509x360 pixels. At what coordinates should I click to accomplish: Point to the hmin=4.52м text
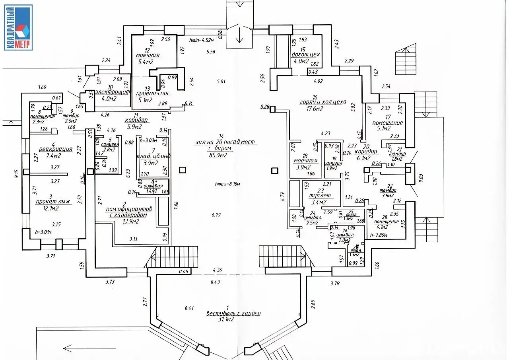[x=202, y=40]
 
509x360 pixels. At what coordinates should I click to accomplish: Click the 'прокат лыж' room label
[x=56, y=202]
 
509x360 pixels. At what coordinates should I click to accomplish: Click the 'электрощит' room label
[x=113, y=92]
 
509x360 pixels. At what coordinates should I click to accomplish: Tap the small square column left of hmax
[x=182, y=170]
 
